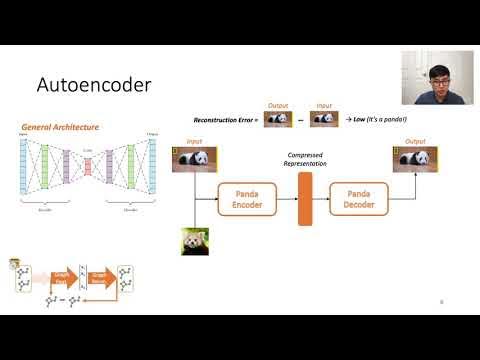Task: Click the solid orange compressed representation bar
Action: [x=305, y=198]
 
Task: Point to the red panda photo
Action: [x=194, y=242]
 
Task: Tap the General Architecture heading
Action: [x=59, y=127]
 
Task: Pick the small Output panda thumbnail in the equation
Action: [x=277, y=119]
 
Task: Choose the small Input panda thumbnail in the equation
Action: [x=325, y=119]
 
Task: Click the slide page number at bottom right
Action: [x=442, y=301]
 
